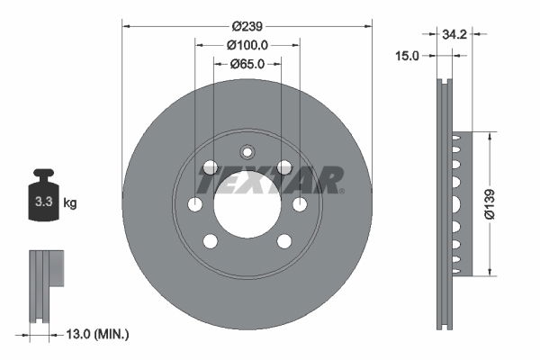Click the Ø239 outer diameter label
pyautogui.click(x=247, y=26)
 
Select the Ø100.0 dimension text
pyautogui.click(x=247, y=45)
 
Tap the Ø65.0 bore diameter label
pyautogui.click(x=247, y=64)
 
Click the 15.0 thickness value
pyautogui.click(x=408, y=56)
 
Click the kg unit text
pyautogui.click(x=70, y=203)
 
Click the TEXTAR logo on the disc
pyautogui.click(x=269, y=180)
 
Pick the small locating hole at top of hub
pyautogui.click(x=247, y=152)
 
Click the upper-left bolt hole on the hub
pyautogui.click(x=210, y=166)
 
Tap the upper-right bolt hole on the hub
pyautogui.click(x=284, y=166)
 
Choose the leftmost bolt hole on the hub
pyautogui.click(x=194, y=204)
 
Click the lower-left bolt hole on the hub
pyautogui.click(x=210, y=241)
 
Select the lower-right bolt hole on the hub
pyautogui.click(x=284, y=241)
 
